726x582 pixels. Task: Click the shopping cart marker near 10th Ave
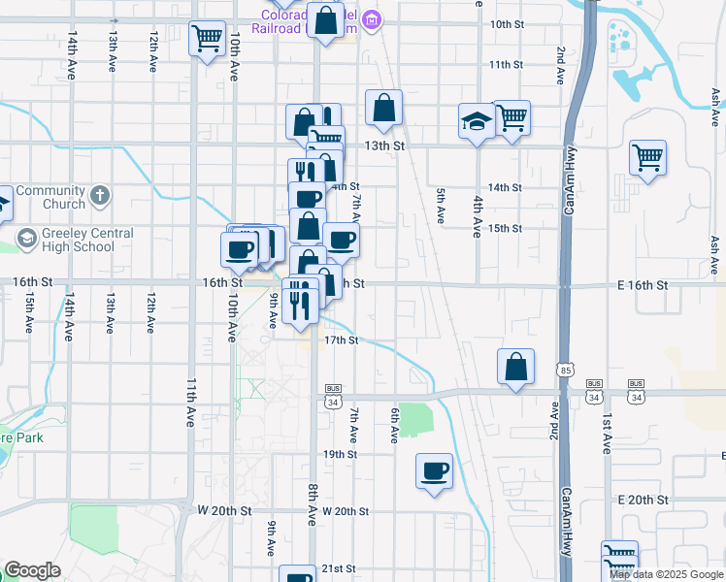point(207,40)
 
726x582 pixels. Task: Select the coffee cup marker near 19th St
point(434,470)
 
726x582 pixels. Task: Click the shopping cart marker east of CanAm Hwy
point(647,156)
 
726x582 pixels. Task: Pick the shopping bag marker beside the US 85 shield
point(516,367)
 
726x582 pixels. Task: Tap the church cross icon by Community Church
point(98,198)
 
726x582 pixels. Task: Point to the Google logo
point(32,570)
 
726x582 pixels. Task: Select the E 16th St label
point(643,285)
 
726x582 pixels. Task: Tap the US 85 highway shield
point(565,369)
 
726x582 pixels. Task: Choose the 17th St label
point(342,340)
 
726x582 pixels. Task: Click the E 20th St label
point(643,500)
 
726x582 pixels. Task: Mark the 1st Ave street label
point(606,433)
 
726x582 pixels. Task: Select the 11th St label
point(506,64)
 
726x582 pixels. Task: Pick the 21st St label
point(341,568)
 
